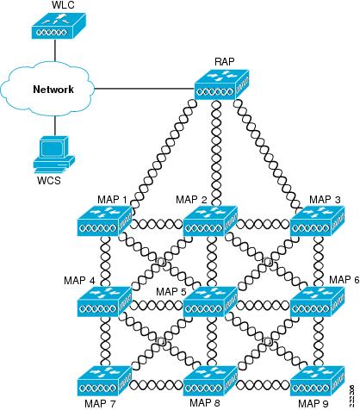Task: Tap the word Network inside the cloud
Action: [x=52, y=89]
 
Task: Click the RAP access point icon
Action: [x=221, y=88]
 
